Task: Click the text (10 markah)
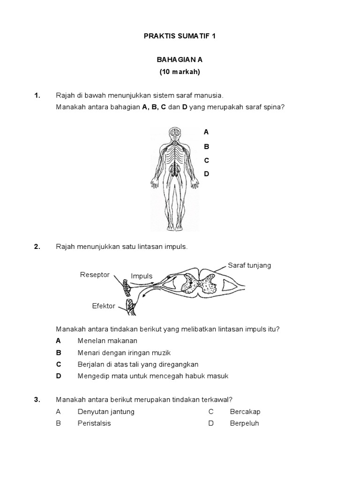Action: [x=180, y=72]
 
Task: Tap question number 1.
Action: [x=37, y=96]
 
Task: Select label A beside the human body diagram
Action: [x=206, y=132]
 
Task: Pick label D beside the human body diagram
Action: [x=206, y=174]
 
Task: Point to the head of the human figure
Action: [x=174, y=134]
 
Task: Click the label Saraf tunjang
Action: [x=249, y=265]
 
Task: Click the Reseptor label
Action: [x=95, y=275]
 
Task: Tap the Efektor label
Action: [x=104, y=306]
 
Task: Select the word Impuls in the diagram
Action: [x=142, y=276]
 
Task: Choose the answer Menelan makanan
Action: [x=107, y=341]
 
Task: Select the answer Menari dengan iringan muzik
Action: [x=124, y=352]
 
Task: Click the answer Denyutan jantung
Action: [x=106, y=412]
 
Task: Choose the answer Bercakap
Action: [x=245, y=412]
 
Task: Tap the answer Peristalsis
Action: [x=94, y=423]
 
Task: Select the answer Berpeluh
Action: [x=244, y=423]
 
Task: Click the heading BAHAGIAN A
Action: [x=180, y=60]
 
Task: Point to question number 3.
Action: [x=37, y=400]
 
